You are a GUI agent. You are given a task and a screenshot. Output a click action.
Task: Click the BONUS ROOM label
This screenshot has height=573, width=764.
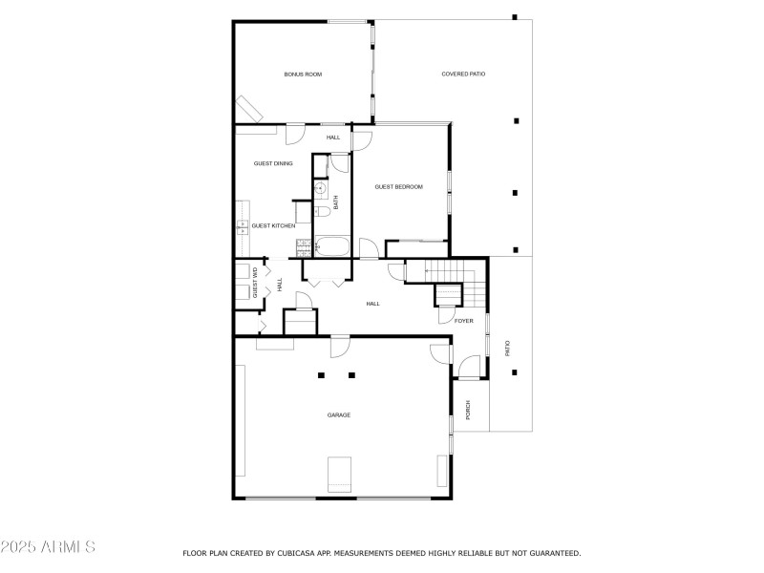click(302, 74)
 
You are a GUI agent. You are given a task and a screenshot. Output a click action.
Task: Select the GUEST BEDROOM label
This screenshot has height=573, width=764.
click(398, 187)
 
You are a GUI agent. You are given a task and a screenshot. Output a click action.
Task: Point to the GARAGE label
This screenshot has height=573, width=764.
click(339, 414)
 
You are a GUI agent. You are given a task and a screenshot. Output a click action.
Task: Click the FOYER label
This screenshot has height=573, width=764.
click(464, 321)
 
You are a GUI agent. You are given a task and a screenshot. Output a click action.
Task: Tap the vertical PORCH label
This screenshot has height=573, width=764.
click(468, 410)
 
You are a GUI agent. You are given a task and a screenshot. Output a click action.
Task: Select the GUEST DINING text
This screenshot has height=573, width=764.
click(273, 163)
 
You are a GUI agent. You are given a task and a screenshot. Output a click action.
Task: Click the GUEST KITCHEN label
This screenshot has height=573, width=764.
click(273, 225)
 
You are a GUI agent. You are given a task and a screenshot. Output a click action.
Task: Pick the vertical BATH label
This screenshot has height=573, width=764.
click(335, 202)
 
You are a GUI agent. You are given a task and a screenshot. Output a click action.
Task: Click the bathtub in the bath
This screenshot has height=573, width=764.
click(331, 247)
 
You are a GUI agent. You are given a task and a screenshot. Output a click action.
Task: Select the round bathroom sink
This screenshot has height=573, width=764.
click(319, 189)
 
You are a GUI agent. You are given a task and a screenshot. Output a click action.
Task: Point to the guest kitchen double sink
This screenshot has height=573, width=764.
click(242, 226)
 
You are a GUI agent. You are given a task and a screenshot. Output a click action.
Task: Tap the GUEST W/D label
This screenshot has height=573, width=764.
click(255, 284)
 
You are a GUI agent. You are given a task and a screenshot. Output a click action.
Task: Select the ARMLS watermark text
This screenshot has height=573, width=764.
click(48, 547)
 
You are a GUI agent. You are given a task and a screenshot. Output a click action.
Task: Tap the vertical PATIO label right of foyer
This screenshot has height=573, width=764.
click(507, 349)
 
